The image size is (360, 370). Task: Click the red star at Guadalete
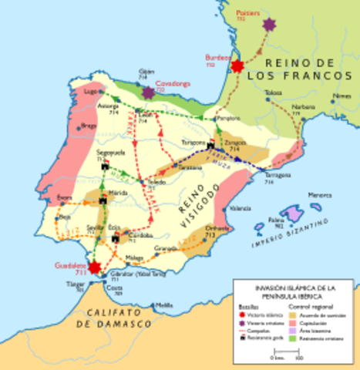click(95, 267)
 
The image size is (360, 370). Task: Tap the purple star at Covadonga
click(148, 92)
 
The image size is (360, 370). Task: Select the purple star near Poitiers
click(269, 25)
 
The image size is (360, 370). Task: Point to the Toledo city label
click(157, 182)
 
